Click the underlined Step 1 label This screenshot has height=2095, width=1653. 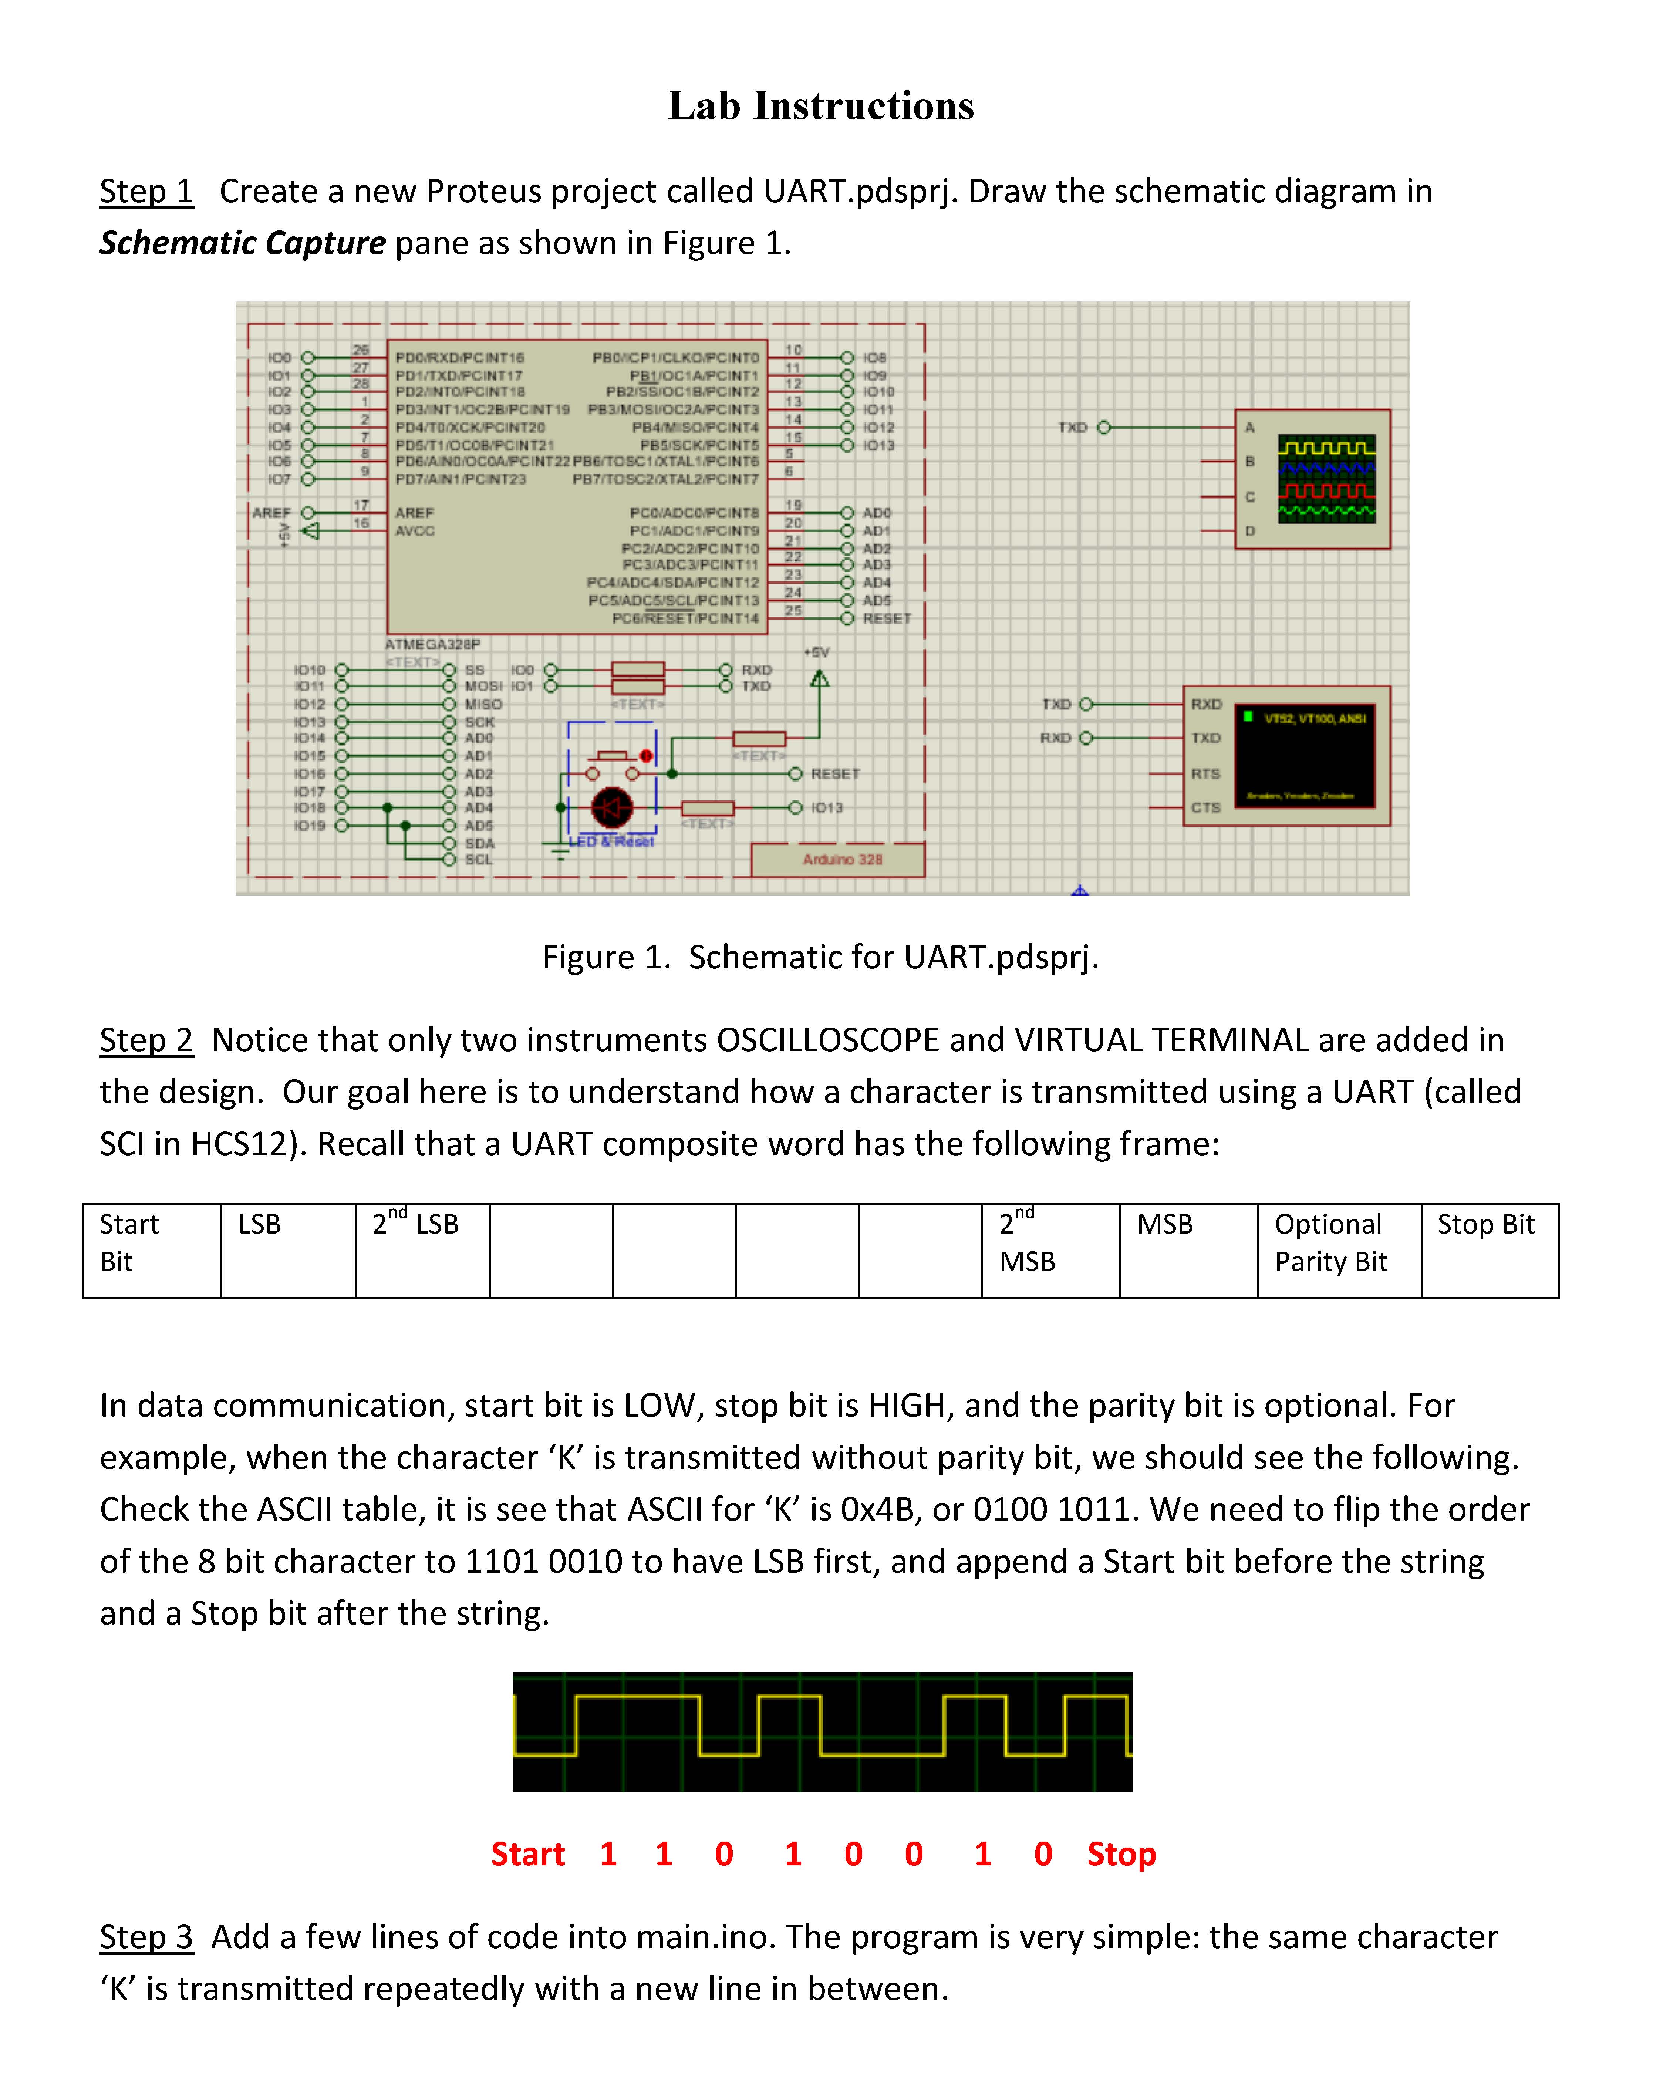146,192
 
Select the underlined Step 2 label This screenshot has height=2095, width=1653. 146,1040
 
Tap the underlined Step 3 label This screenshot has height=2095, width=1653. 146,1937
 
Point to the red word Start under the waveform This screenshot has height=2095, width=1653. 527,1854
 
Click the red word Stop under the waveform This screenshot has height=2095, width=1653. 1121,1854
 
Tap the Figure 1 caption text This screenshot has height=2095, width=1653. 820,957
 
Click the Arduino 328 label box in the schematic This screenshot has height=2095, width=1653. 841,859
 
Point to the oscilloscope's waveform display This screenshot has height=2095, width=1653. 1326,479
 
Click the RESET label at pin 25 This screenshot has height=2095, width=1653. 887,618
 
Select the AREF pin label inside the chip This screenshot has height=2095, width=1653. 414,513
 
